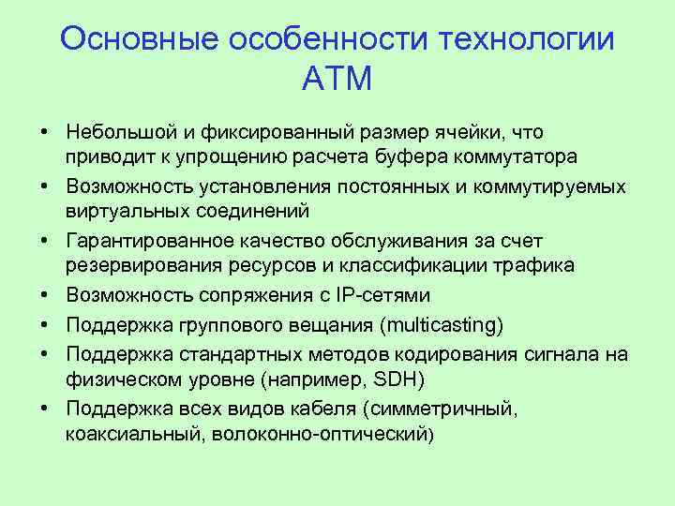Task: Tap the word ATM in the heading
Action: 337,79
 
